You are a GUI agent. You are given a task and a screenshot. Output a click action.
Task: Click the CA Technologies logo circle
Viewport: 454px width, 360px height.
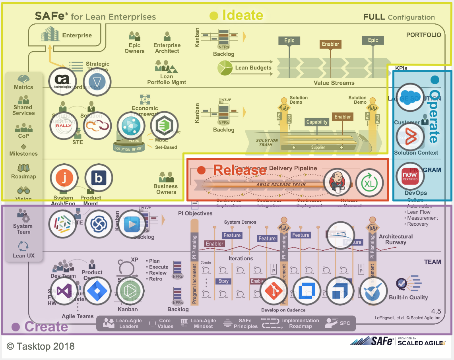(62, 81)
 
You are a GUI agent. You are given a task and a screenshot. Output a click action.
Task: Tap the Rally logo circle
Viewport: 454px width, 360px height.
(63, 126)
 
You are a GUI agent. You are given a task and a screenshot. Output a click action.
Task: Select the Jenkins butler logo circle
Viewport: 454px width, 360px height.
(337, 182)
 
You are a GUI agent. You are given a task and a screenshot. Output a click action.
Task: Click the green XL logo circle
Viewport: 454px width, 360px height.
(369, 183)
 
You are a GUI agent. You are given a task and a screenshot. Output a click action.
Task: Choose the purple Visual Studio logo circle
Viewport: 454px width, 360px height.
(64, 291)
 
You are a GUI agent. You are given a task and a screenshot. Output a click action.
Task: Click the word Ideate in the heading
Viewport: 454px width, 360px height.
(243, 15)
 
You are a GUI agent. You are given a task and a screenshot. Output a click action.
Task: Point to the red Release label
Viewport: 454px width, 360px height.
(240, 170)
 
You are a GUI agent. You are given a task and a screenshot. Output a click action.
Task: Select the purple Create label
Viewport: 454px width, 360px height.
(46, 327)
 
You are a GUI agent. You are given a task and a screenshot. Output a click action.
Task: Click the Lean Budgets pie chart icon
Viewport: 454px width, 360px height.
(225, 68)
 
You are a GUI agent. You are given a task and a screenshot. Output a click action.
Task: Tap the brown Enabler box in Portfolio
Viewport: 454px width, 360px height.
(330, 44)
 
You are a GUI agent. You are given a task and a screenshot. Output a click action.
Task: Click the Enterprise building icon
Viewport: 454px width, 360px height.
(50, 35)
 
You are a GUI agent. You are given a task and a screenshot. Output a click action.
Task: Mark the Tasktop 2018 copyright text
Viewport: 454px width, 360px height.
(41, 346)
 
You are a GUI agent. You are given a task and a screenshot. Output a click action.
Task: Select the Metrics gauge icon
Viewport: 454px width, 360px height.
(23, 79)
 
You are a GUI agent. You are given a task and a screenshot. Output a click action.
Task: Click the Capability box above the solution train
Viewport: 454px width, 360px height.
(317, 122)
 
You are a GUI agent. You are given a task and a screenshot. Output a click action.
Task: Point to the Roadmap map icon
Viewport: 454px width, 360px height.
(23, 168)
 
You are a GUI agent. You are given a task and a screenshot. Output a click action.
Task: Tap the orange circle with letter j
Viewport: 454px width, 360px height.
(64, 178)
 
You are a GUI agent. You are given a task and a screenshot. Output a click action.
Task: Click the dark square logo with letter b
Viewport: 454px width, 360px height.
(99, 178)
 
